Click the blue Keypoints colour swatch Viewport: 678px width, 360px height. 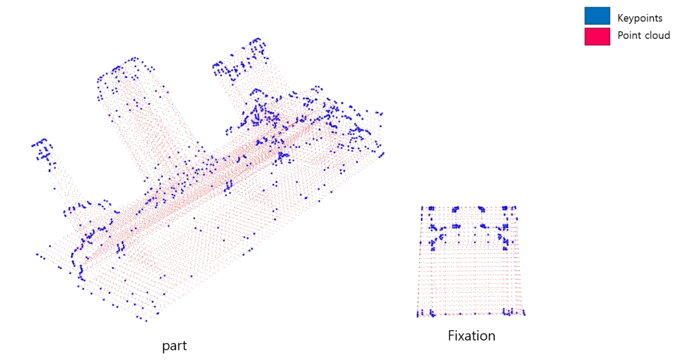tap(597, 16)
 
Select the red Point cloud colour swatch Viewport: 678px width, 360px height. tap(597, 37)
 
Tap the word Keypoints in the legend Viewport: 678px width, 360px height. tap(639, 19)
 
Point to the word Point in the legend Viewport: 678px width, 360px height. tap(628, 35)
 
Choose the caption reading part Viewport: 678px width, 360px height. tap(174, 346)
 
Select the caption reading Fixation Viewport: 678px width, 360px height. tap(471, 336)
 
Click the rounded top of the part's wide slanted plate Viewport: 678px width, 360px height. tap(125, 64)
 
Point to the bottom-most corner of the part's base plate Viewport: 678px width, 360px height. tap(145, 320)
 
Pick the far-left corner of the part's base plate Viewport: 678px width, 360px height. tap(38, 255)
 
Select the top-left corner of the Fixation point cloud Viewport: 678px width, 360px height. tap(422, 208)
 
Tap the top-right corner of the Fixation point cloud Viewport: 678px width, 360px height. tap(515, 208)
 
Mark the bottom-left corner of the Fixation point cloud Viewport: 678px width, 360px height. tap(418, 314)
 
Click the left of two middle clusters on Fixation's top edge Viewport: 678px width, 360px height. tap(456, 209)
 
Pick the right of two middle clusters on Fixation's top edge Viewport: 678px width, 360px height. tap(482, 209)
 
